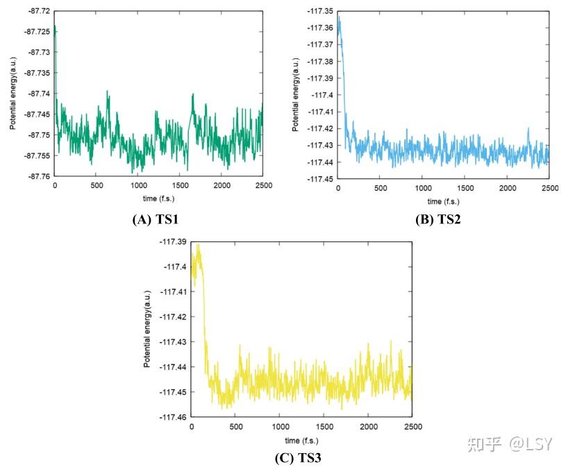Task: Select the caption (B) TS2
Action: (x=438, y=220)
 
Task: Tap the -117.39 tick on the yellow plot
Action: (x=172, y=242)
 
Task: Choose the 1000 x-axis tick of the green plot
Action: (x=138, y=187)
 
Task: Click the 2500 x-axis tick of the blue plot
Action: (x=549, y=189)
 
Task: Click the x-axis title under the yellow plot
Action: (x=302, y=441)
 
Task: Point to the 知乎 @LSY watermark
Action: (x=511, y=443)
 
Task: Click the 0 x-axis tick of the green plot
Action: (x=55, y=187)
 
